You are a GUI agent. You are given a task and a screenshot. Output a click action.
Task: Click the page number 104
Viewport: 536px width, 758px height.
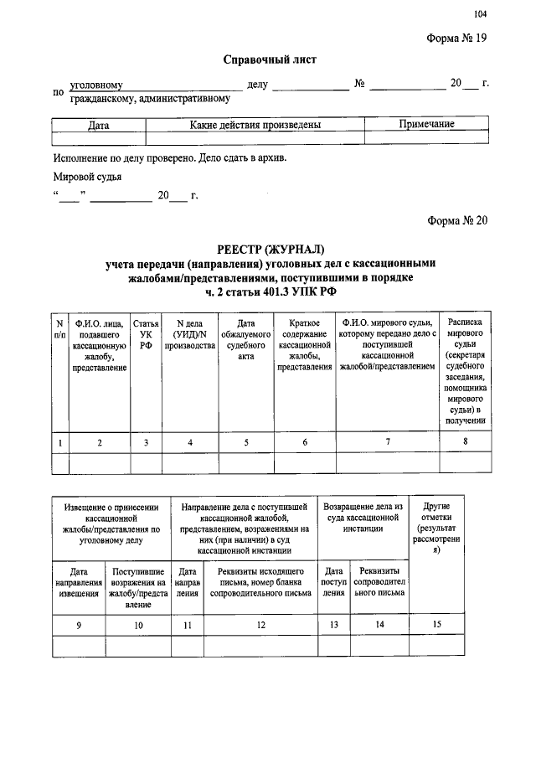[480, 13]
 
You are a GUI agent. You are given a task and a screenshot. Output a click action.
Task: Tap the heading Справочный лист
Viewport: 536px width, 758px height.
[270, 60]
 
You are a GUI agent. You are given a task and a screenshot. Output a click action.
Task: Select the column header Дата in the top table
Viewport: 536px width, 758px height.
[99, 125]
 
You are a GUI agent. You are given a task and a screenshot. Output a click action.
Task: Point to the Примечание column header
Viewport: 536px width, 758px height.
[426, 125]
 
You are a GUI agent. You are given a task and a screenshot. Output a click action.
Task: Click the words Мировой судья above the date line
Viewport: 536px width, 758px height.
[87, 177]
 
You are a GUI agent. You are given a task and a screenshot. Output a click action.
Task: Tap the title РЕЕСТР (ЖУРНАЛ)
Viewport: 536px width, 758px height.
[269, 249]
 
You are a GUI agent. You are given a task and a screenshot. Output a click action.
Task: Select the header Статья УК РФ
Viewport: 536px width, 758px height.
[146, 334]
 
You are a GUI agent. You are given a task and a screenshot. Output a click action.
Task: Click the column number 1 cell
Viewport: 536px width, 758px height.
[59, 442]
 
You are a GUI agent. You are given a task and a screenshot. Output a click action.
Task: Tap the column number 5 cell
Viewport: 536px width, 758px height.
[246, 442]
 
